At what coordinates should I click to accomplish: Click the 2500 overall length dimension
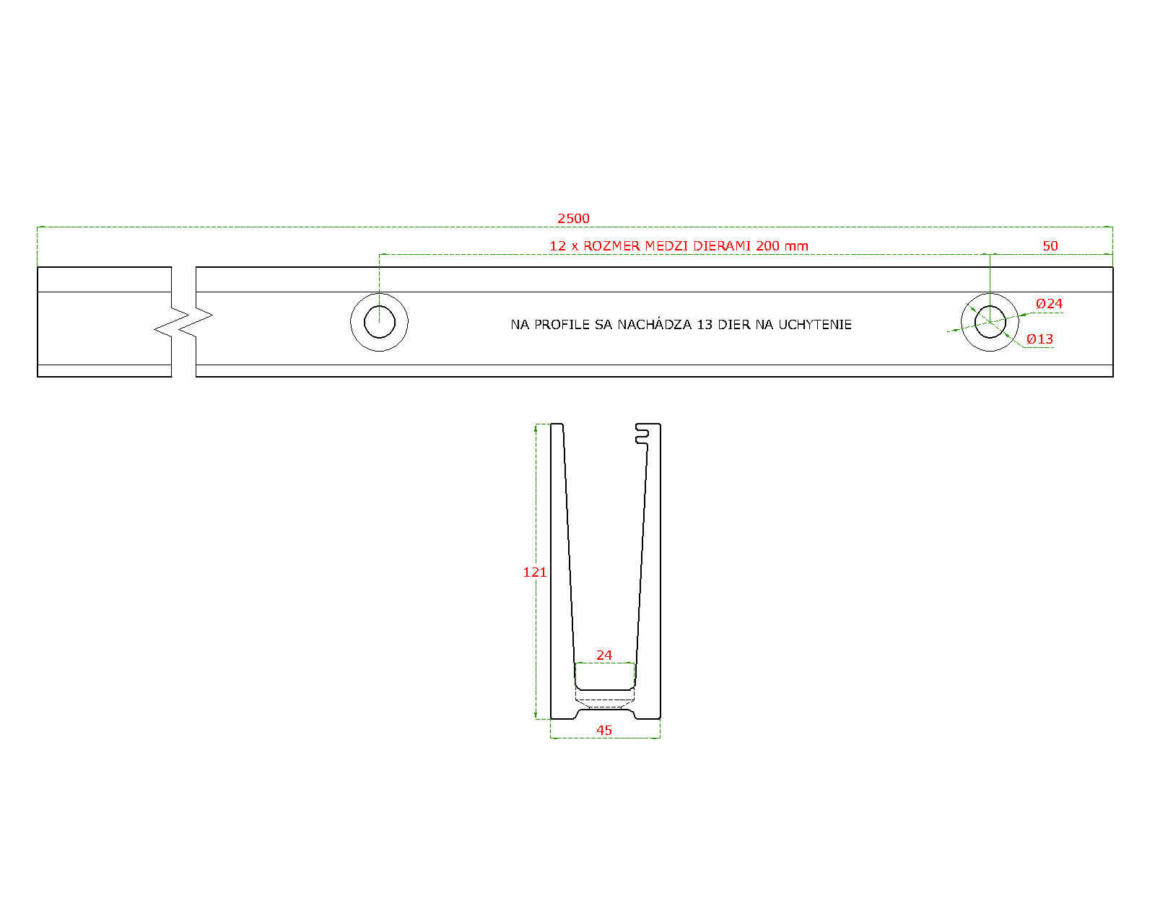(573, 219)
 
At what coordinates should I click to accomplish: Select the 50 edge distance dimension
(1050, 246)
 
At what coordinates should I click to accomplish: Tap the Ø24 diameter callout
(1049, 303)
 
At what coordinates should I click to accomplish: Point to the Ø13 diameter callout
(1039, 339)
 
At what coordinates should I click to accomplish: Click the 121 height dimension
(535, 572)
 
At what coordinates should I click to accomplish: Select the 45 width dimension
(603, 731)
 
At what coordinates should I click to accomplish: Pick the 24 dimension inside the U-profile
(603, 655)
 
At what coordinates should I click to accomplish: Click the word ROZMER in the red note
(611, 246)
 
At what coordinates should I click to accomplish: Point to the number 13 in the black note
(704, 324)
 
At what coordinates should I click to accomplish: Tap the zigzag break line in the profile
(183, 322)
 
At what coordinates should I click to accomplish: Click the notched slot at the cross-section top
(642, 434)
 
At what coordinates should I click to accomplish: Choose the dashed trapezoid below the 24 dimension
(605, 700)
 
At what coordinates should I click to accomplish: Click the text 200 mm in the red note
(782, 246)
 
